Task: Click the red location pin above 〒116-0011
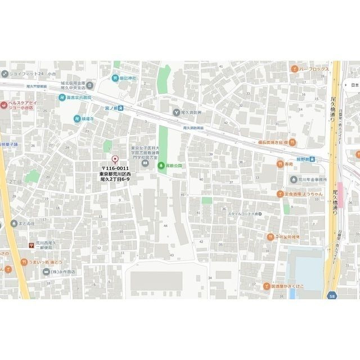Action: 115,159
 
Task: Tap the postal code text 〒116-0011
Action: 115,168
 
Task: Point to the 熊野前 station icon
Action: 313,160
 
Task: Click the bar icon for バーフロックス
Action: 294,69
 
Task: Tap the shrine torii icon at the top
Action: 114,78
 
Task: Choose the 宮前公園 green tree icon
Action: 161,165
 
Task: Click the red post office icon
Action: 31,245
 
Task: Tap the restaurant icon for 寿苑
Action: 280,164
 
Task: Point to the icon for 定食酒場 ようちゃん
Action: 280,194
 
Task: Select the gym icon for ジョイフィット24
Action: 4,73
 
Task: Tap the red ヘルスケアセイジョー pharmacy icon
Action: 4,105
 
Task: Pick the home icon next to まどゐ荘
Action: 13,223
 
